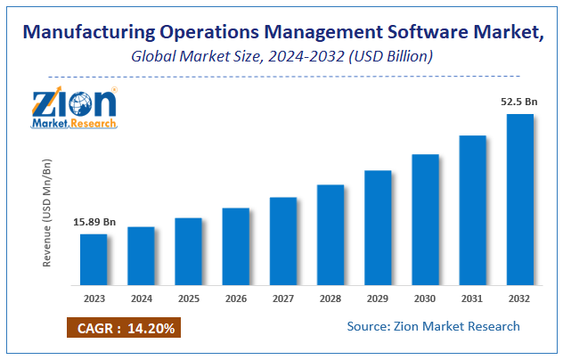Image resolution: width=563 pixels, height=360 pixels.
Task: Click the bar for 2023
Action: click(x=94, y=260)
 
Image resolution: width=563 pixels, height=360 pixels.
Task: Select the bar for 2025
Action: click(x=188, y=252)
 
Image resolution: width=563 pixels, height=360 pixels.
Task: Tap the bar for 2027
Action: click(x=283, y=241)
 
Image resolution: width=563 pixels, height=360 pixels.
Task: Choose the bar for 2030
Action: click(x=425, y=220)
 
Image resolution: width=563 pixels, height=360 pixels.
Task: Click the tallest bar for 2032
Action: click(x=519, y=200)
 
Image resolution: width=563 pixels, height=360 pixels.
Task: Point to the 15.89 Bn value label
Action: click(x=94, y=222)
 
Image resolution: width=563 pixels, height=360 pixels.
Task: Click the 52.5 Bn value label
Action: click(x=520, y=102)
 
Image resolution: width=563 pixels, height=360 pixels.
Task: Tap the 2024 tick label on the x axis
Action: click(x=141, y=299)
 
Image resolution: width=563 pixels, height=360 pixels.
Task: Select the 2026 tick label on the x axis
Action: click(x=235, y=299)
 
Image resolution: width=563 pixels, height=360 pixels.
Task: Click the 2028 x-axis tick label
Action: click(x=330, y=299)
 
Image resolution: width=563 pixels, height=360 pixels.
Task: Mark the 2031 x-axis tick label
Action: click(x=472, y=299)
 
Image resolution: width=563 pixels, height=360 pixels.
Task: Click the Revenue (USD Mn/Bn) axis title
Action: click(x=47, y=213)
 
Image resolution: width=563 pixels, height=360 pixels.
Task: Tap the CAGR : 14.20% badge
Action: click(x=123, y=327)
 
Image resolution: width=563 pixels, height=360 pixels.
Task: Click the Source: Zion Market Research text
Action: click(x=434, y=326)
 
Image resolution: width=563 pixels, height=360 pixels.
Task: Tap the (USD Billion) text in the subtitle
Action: click(x=392, y=57)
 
